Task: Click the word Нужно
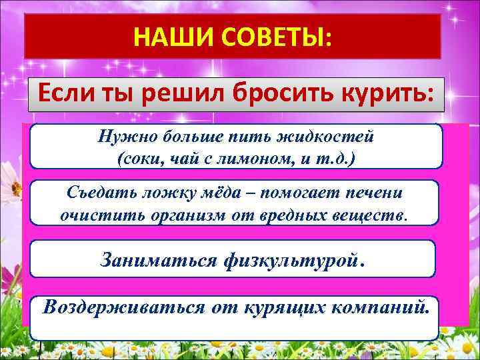tap(123, 137)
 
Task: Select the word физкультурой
tap(290, 258)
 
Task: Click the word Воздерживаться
tap(124, 307)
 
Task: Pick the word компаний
tap(377, 307)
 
